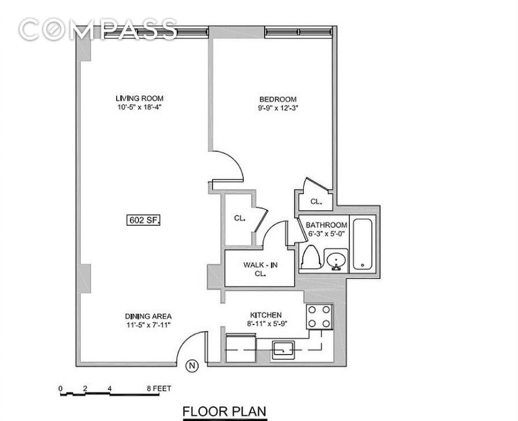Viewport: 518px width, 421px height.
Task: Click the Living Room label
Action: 139,98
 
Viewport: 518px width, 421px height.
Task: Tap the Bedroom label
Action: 278,99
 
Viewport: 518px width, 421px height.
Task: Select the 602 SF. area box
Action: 144,220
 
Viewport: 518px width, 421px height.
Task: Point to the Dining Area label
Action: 148,316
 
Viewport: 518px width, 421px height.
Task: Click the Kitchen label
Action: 266,315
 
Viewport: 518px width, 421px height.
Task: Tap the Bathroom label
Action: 326,225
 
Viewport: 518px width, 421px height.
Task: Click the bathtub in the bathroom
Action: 363,244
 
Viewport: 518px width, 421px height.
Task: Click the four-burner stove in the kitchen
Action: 319,317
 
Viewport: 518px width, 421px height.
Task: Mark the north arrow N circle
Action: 192,366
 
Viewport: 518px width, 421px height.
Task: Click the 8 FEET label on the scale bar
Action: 159,388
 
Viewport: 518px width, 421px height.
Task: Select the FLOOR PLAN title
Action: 225,412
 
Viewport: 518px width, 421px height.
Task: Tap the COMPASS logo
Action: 98,29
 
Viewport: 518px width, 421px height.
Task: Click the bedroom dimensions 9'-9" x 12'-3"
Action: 278,108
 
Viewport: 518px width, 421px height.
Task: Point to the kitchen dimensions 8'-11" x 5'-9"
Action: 267,324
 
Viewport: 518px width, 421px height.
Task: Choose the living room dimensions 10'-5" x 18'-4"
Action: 139,107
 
